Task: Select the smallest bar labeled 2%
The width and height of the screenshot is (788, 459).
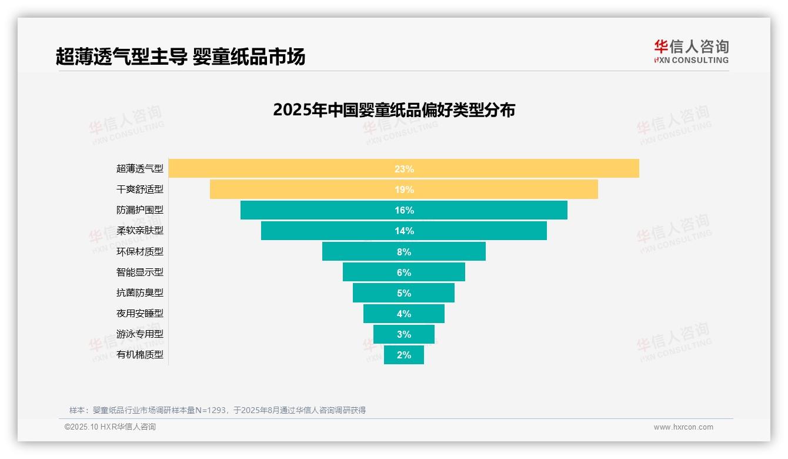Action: point(404,355)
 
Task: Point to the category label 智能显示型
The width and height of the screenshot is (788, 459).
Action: point(140,272)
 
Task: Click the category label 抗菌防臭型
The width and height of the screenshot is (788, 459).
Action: point(140,292)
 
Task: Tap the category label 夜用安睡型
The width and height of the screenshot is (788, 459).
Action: point(140,313)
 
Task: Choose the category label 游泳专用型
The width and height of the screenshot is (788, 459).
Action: point(140,334)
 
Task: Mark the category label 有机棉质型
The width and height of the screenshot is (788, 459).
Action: point(140,355)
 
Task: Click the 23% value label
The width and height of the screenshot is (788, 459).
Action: point(404,169)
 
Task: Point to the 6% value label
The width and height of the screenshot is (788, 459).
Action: point(404,272)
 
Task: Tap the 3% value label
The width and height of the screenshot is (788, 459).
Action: point(404,334)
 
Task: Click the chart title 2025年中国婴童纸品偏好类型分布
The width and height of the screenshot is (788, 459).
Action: point(394,110)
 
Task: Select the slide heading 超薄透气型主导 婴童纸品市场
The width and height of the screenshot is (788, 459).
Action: point(181,57)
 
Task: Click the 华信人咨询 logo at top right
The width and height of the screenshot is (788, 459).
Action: point(691,51)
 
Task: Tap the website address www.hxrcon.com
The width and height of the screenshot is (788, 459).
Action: point(683,427)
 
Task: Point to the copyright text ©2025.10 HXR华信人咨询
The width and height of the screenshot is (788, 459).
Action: point(110,427)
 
